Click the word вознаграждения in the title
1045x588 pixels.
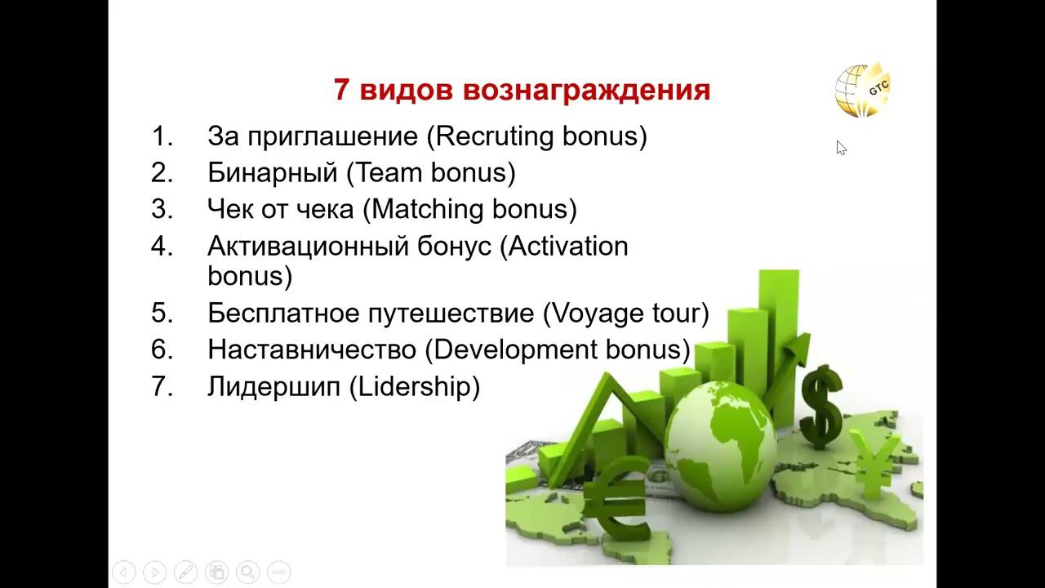[586, 90]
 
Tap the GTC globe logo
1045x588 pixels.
[863, 90]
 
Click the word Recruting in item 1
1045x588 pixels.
[495, 136]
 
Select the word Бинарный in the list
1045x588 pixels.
[273, 173]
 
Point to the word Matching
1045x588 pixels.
[428, 209]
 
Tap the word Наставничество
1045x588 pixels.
[312, 350]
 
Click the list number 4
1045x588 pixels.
[162, 246]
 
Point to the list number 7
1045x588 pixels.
[162, 386]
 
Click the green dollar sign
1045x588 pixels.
[821, 407]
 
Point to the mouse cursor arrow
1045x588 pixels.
[841, 148]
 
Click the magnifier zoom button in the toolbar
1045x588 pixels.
[247, 572]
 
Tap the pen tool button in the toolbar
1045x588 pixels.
[185, 572]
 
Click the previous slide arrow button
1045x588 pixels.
[123, 572]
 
